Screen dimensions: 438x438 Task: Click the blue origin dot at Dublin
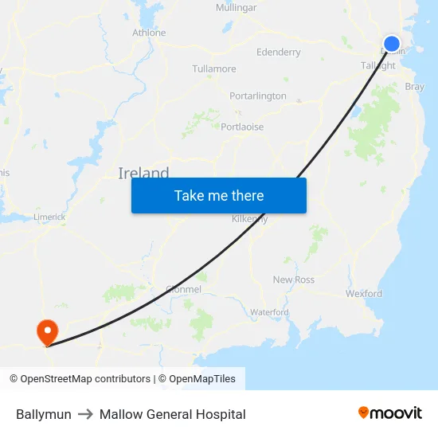click(x=392, y=44)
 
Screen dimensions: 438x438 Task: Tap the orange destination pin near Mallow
click(x=47, y=330)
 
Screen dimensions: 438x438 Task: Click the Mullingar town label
click(x=237, y=8)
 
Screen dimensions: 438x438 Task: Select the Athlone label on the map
click(x=149, y=33)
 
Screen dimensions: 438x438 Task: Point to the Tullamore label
click(x=214, y=69)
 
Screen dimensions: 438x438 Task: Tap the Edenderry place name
click(x=279, y=53)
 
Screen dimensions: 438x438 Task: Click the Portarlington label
click(x=258, y=96)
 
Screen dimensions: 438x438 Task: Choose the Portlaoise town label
click(x=242, y=127)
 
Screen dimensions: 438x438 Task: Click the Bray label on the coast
click(x=415, y=87)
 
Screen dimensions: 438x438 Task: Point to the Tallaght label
click(x=378, y=66)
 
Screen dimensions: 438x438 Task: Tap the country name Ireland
click(x=143, y=174)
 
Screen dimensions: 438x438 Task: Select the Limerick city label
click(x=49, y=217)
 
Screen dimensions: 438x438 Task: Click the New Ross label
click(x=294, y=280)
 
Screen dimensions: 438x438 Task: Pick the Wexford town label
click(x=364, y=294)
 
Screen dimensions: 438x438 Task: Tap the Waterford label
click(x=269, y=312)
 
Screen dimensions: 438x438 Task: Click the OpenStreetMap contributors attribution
click(x=80, y=379)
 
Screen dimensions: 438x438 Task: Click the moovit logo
click(x=390, y=413)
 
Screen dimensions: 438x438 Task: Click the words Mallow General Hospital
click(x=172, y=414)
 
